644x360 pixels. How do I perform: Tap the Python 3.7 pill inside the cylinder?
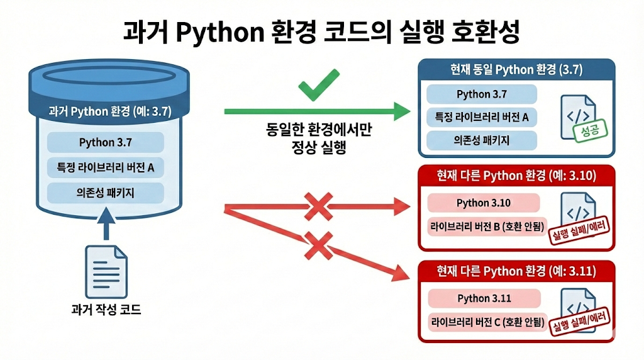(105, 142)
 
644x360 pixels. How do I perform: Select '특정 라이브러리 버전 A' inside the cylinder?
(105, 167)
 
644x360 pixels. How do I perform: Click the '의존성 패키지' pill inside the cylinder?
(105, 193)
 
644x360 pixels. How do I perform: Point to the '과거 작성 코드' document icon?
(105, 271)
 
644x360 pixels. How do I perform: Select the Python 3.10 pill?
(484, 203)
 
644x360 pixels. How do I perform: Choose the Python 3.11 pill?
(482, 298)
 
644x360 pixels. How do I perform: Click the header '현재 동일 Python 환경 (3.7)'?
(516, 70)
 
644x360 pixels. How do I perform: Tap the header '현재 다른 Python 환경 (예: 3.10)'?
(516, 176)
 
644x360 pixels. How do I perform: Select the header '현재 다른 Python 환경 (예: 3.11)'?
(516, 271)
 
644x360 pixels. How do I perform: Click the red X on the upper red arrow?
(319, 206)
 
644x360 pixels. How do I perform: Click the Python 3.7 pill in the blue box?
(482, 94)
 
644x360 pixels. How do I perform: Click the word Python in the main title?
(217, 33)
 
